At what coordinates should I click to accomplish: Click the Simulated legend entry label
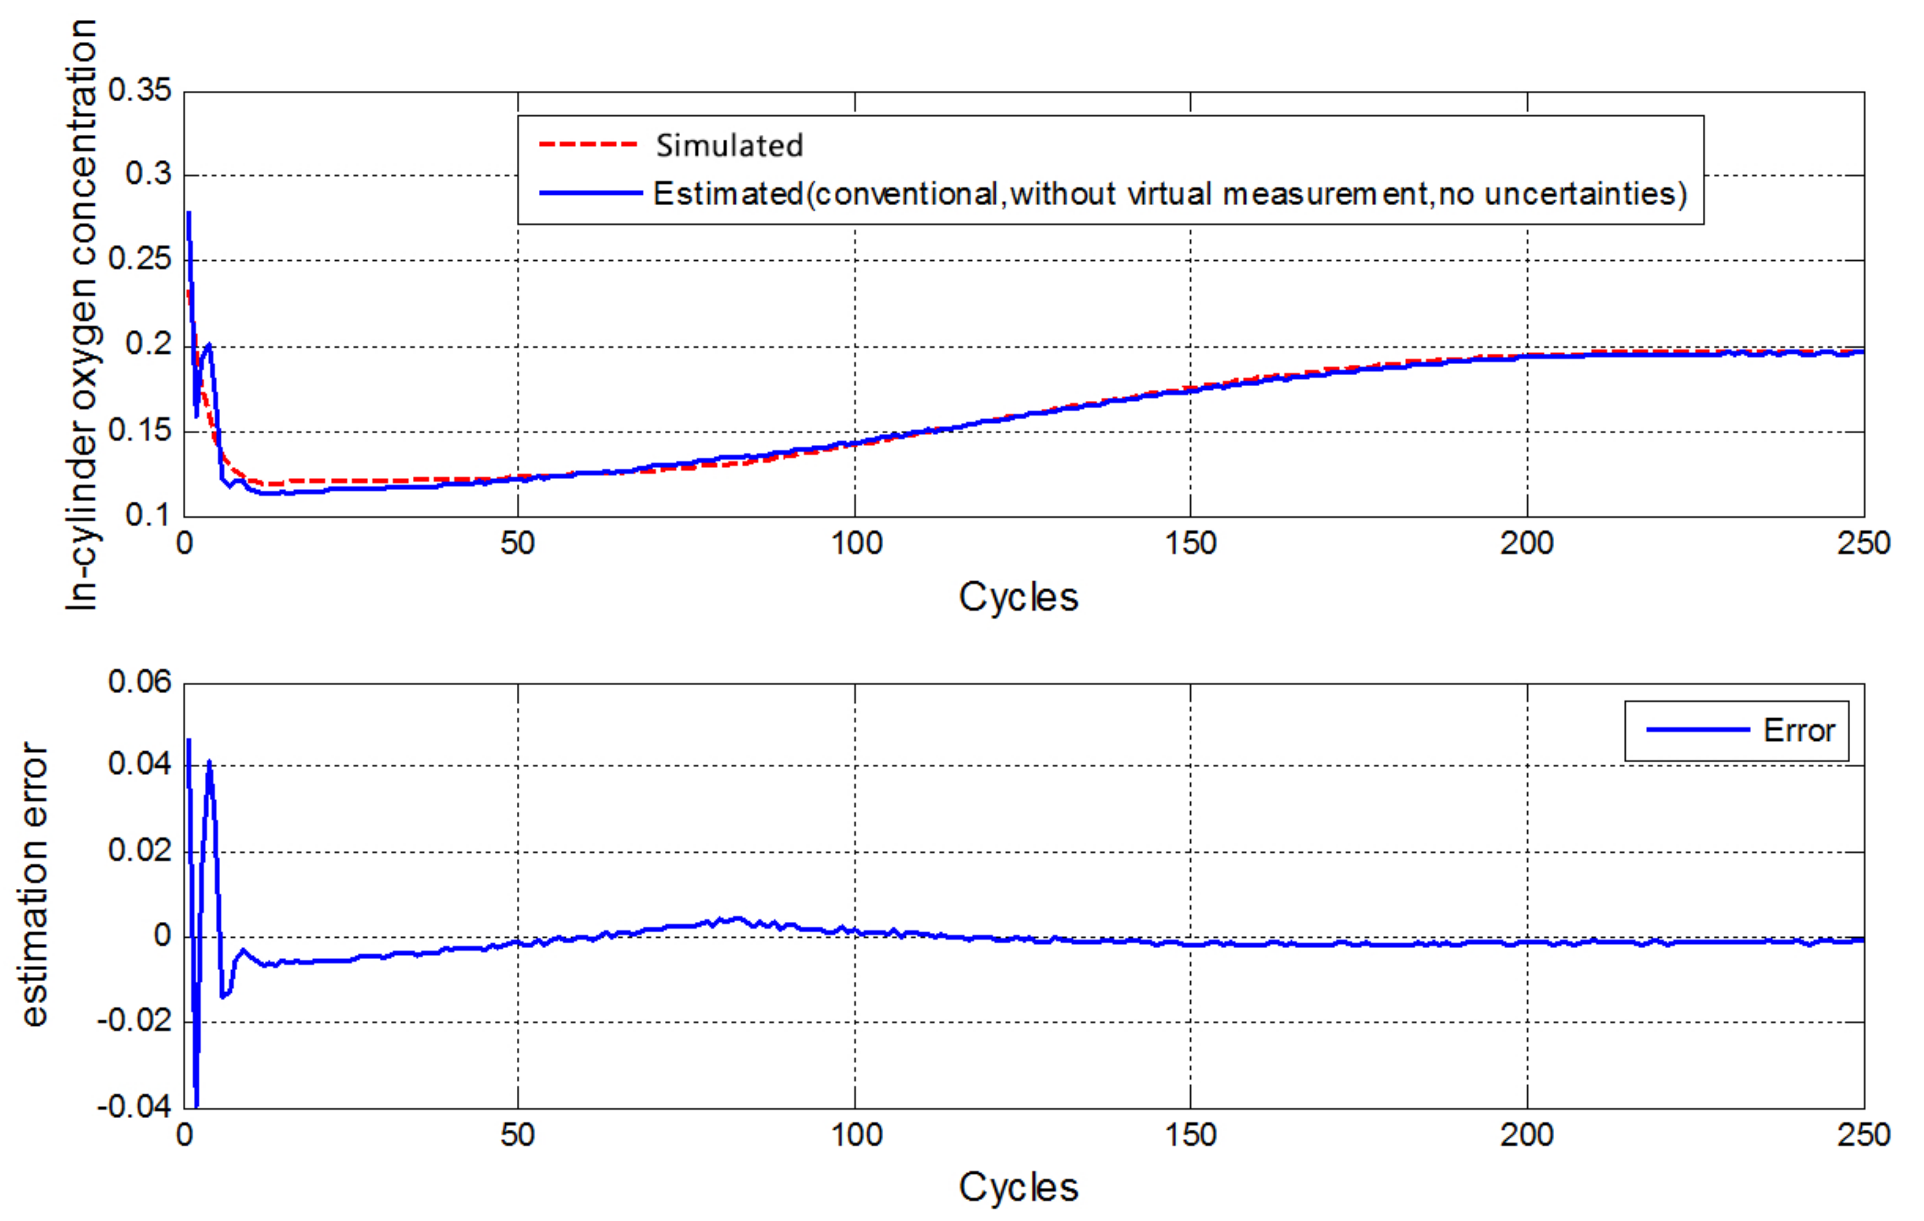(729, 145)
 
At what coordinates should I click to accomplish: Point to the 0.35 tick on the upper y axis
(140, 90)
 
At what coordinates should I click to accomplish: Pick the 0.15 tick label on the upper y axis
(140, 431)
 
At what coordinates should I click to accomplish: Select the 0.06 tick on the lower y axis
(140, 682)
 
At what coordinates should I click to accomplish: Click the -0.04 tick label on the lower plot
(134, 1107)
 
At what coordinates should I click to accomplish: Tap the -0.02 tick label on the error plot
(134, 1021)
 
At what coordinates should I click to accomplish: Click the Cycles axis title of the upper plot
(1018, 597)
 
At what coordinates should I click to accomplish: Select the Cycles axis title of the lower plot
(1018, 1187)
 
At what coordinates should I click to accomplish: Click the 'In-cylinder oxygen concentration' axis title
(81, 316)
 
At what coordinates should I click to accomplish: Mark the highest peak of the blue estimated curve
(189, 213)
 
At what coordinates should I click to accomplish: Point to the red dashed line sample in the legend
(588, 145)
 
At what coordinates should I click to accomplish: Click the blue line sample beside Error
(1697, 730)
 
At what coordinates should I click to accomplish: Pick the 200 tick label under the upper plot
(1526, 544)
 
